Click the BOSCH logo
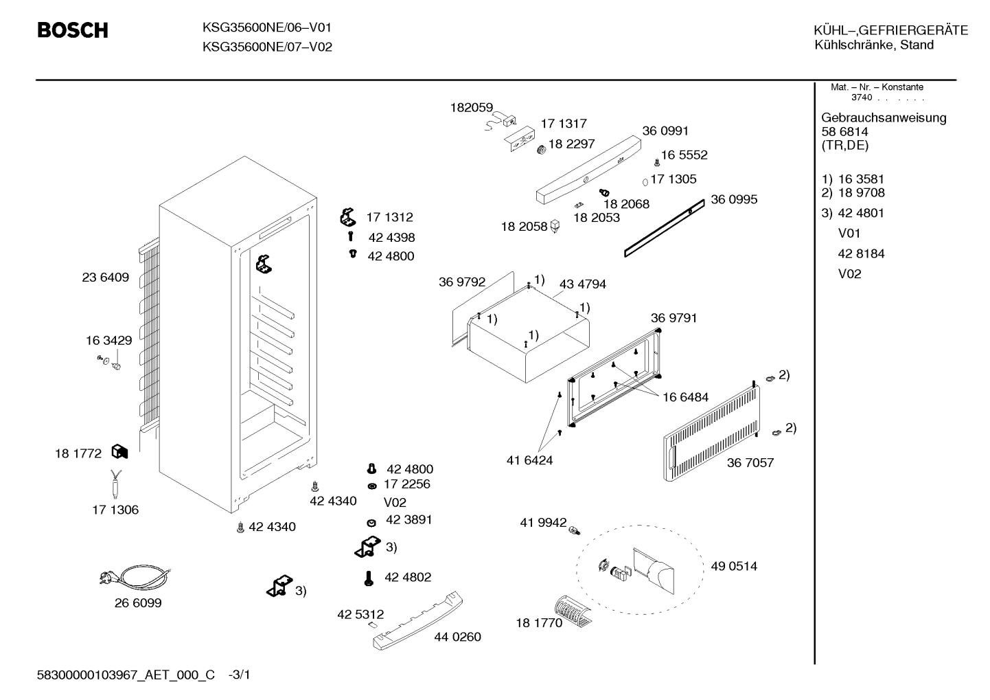point(73,30)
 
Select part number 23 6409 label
point(105,278)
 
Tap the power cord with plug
point(135,576)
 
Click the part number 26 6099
point(138,602)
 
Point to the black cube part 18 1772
point(119,451)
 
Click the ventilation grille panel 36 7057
point(712,433)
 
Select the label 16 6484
point(685,397)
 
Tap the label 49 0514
point(734,566)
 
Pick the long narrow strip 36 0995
point(665,228)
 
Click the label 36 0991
point(665,131)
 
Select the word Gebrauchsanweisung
point(884,117)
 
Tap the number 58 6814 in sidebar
point(844,132)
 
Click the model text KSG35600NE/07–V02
point(267,47)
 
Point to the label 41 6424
point(529,460)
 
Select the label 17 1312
point(389,217)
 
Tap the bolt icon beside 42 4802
point(369,578)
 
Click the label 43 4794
point(582,284)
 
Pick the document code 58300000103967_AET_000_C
point(126,675)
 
